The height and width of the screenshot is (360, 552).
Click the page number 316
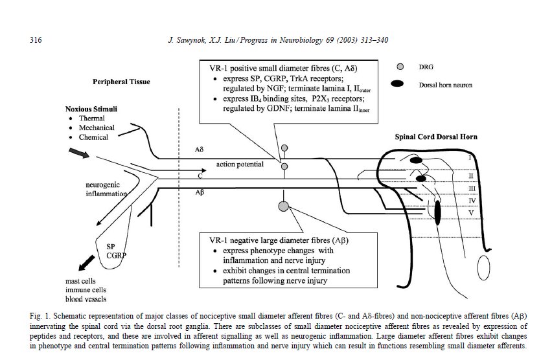[36, 39]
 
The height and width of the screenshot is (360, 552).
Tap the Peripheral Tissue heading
[121, 82]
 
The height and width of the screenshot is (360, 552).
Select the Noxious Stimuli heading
[91, 109]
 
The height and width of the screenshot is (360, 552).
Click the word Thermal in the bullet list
[92, 118]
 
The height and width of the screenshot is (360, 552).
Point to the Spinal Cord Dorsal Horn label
[436, 137]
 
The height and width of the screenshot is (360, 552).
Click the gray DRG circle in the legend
[400, 67]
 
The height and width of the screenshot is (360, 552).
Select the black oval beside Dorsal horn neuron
[397, 84]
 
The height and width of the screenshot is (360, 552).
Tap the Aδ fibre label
[200, 150]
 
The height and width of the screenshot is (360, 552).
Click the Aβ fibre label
[200, 192]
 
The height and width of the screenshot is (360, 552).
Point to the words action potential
[240, 164]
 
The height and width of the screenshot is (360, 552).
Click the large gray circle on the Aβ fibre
[284, 206]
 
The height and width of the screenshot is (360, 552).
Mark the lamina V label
[471, 213]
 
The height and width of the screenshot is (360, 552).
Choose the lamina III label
[472, 188]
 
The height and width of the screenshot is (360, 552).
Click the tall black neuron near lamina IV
[437, 212]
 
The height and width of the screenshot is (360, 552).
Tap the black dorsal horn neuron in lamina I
[416, 161]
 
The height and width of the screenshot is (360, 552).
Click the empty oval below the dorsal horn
[484, 267]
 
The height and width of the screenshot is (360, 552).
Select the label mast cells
[80, 281]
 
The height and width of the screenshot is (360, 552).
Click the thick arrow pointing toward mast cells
[87, 263]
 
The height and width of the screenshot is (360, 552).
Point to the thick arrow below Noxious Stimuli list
[79, 153]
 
